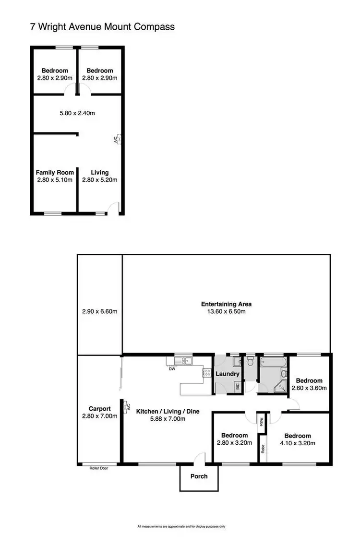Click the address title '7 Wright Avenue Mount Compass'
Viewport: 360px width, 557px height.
(102, 27)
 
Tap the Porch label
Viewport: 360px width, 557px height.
(199, 476)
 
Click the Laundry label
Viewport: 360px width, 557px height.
(228, 373)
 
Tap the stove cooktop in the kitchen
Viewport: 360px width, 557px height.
(207, 372)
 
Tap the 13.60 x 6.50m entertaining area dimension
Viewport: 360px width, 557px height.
(226, 311)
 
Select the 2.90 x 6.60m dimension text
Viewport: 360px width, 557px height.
(100, 311)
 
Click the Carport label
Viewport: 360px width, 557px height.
(99, 409)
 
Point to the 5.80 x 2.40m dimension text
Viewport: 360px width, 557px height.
(77, 114)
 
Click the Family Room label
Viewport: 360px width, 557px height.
(55, 172)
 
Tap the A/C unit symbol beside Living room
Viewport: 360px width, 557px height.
(117, 140)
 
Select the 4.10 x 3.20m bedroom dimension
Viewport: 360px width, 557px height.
(298, 443)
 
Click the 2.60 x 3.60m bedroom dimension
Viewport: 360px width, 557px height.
(309, 388)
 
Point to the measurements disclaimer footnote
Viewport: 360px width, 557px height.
(181, 526)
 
